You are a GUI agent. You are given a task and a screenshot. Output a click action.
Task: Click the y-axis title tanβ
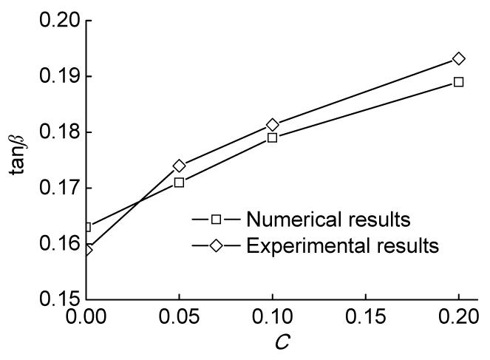click(18, 160)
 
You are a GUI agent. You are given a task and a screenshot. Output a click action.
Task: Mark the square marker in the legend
click(216, 219)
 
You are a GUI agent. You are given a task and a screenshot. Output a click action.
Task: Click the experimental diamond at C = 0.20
click(458, 58)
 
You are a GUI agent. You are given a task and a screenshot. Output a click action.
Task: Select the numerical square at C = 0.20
click(458, 81)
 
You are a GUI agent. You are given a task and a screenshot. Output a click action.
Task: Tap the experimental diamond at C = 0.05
click(179, 166)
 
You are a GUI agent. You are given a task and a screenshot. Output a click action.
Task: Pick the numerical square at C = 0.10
click(272, 137)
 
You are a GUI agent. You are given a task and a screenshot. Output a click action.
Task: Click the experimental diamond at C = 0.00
click(87, 250)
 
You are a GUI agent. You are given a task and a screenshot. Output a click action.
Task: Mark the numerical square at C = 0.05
click(179, 182)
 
